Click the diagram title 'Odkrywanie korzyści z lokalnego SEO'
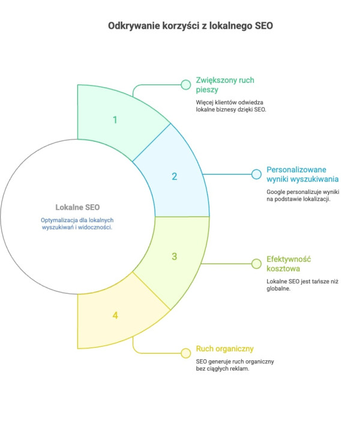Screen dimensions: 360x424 190,26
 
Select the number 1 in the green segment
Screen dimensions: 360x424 115,120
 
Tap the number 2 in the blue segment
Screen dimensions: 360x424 175,177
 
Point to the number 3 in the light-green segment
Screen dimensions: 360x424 175,256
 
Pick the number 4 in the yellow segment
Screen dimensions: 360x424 115,315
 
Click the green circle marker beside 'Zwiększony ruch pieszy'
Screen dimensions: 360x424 186,85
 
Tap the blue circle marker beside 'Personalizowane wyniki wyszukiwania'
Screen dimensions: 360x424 256,174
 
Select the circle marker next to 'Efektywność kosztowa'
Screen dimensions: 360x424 256,264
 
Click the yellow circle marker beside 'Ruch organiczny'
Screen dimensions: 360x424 186,353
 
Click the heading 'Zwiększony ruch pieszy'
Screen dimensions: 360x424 225,85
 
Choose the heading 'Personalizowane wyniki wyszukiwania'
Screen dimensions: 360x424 302,174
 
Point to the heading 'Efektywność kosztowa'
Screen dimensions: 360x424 289,264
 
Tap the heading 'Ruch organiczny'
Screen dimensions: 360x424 224,349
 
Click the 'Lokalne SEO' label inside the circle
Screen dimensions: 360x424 77,207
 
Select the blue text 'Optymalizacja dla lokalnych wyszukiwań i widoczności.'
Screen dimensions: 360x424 77,223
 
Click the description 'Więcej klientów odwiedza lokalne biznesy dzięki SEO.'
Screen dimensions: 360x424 231,106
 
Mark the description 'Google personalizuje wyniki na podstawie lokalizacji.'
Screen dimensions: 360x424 303,196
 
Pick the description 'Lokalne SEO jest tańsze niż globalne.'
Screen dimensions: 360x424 302,285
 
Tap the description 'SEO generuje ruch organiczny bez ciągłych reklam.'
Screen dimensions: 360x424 235,365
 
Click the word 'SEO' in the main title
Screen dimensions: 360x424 264,26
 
